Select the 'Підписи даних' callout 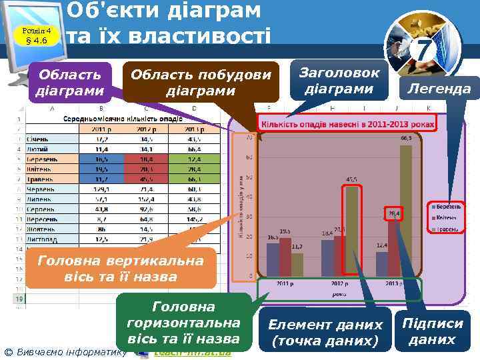click(431, 331)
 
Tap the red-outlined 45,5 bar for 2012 click(351, 231)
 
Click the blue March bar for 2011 click(273, 259)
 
